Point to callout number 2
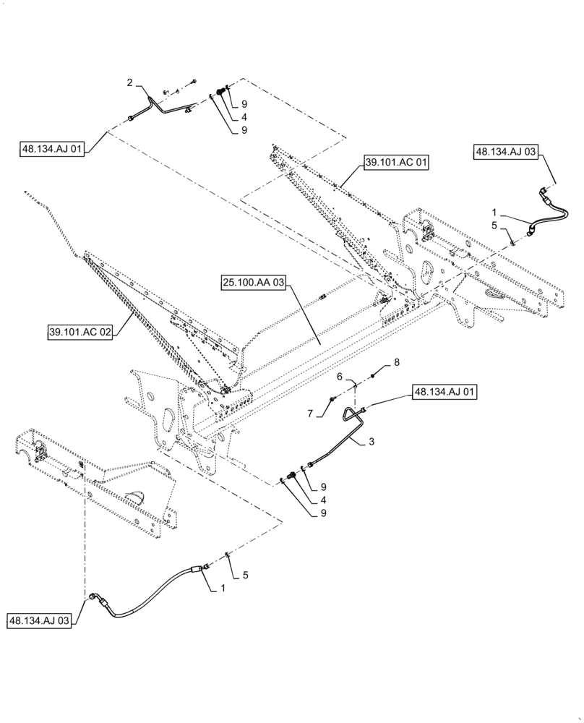pos(130,85)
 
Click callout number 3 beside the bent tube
pos(372,441)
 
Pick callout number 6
pos(347,377)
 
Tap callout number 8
pos(395,361)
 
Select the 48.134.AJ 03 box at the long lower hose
pos(40,620)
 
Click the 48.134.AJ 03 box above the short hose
pos(507,152)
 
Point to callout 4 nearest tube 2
pos(225,116)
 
